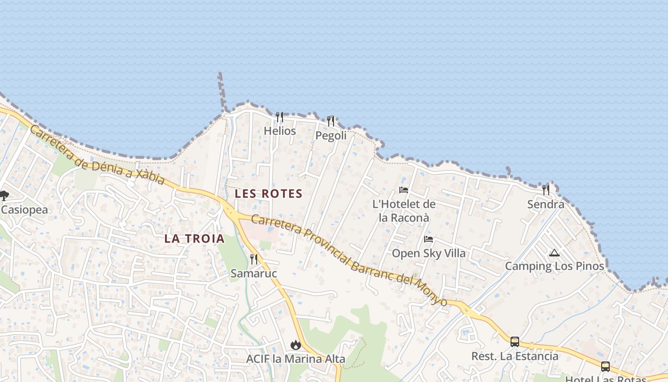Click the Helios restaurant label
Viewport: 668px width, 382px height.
click(x=280, y=131)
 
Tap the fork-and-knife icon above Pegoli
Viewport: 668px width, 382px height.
click(x=331, y=121)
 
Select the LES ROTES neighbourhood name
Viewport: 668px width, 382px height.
click(x=269, y=193)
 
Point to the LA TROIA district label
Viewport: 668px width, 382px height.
click(x=194, y=239)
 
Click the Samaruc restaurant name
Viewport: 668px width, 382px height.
click(x=254, y=273)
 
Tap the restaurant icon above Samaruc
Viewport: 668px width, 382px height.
click(x=254, y=259)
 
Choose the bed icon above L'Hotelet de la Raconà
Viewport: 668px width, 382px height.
click(x=404, y=190)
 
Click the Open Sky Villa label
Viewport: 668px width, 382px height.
click(x=428, y=253)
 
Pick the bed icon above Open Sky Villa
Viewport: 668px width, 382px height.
click(x=428, y=239)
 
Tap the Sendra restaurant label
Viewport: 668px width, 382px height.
click(x=545, y=204)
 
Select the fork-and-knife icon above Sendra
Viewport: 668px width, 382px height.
click(x=545, y=190)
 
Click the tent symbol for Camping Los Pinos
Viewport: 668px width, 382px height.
click(x=554, y=253)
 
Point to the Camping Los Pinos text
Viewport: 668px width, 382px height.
click(x=554, y=266)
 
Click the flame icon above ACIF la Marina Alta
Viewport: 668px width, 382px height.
click(x=296, y=345)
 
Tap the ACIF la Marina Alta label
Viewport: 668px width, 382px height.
click(x=295, y=359)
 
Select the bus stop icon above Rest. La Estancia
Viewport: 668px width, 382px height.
click(x=515, y=342)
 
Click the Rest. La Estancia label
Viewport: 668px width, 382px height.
click(x=515, y=356)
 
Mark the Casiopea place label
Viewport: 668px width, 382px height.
click(x=24, y=210)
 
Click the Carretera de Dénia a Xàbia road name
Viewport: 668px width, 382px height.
click(x=97, y=155)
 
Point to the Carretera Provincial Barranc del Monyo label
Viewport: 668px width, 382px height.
click(x=349, y=261)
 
